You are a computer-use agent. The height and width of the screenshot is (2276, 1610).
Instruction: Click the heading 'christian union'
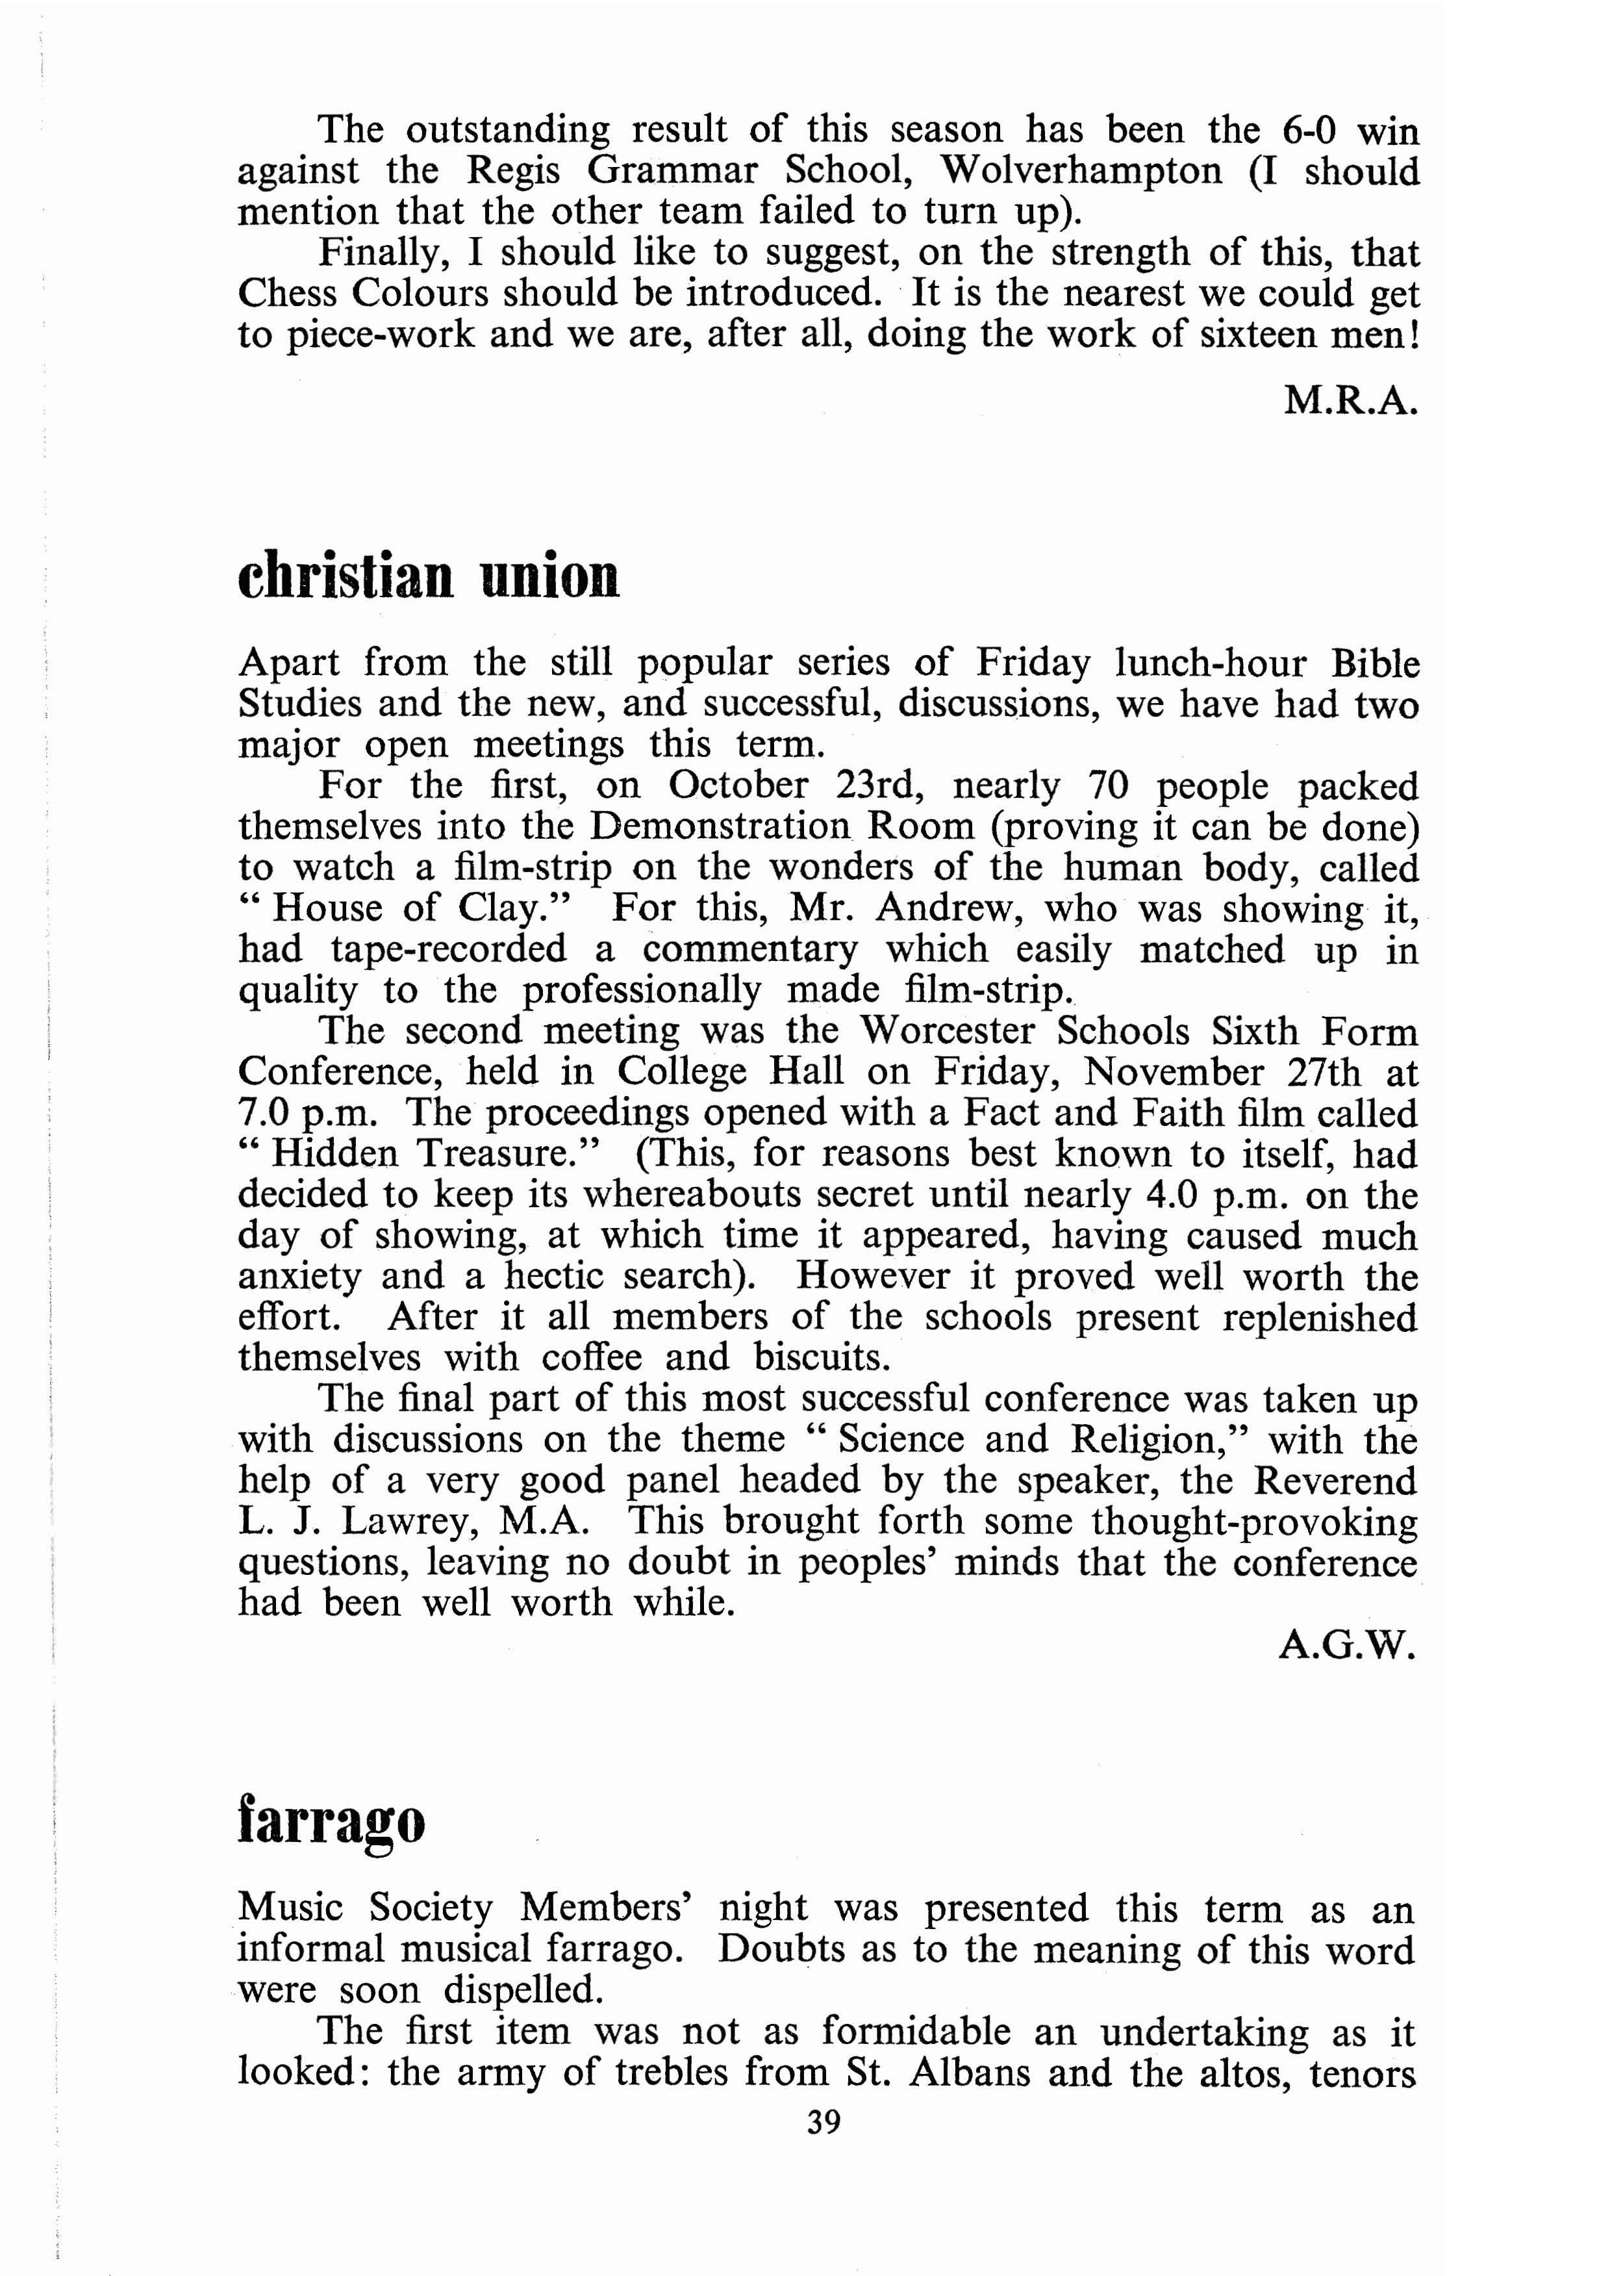click(x=428, y=576)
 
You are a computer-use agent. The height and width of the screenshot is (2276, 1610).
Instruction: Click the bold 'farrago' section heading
click(x=331, y=1821)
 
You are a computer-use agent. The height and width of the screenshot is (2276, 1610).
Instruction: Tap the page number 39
click(x=824, y=2150)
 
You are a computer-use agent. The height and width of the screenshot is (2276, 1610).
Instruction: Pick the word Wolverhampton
click(x=1081, y=171)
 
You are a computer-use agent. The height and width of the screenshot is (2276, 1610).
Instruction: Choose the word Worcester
click(x=947, y=1031)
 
